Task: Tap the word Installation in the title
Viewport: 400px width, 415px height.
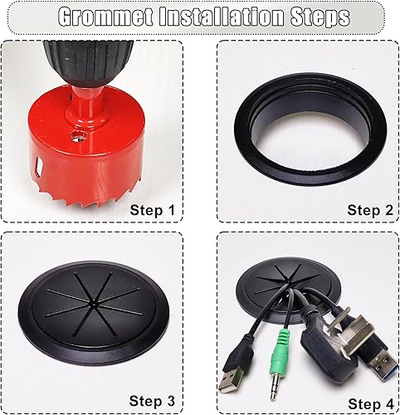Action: coord(212,17)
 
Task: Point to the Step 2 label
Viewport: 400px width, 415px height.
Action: coord(369,210)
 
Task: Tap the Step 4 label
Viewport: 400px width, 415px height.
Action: coord(369,403)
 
